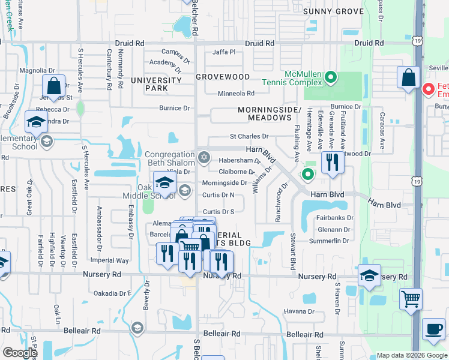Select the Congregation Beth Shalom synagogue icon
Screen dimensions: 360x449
click(203, 158)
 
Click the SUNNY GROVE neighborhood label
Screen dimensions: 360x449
click(333, 11)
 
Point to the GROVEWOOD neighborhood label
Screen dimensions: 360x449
click(223, 77)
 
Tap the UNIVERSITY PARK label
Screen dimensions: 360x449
click(157, 84)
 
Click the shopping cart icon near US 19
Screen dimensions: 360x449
click(411, 298)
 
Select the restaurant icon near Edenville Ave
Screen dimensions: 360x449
click(332, 161)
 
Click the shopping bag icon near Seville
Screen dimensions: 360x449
click(408, 77)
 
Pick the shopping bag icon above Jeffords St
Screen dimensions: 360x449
click(53, 85)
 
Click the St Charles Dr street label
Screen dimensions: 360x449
click(249, 137)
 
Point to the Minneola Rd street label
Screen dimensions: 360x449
click(236, 93)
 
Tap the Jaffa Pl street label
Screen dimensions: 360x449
click(224, 52)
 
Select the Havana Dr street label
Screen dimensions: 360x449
click(299, 311)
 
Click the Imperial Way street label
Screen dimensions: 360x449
click(110, 260)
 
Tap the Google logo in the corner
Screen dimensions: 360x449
click(20, 353)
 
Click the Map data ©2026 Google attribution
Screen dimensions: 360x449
click(411, 355)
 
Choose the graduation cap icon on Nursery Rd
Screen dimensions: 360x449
click(370, 275)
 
